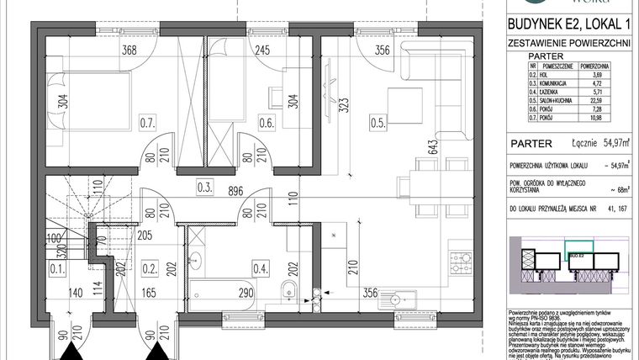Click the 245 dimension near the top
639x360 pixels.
point(261,49)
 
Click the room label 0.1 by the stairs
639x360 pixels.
point(57,270)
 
